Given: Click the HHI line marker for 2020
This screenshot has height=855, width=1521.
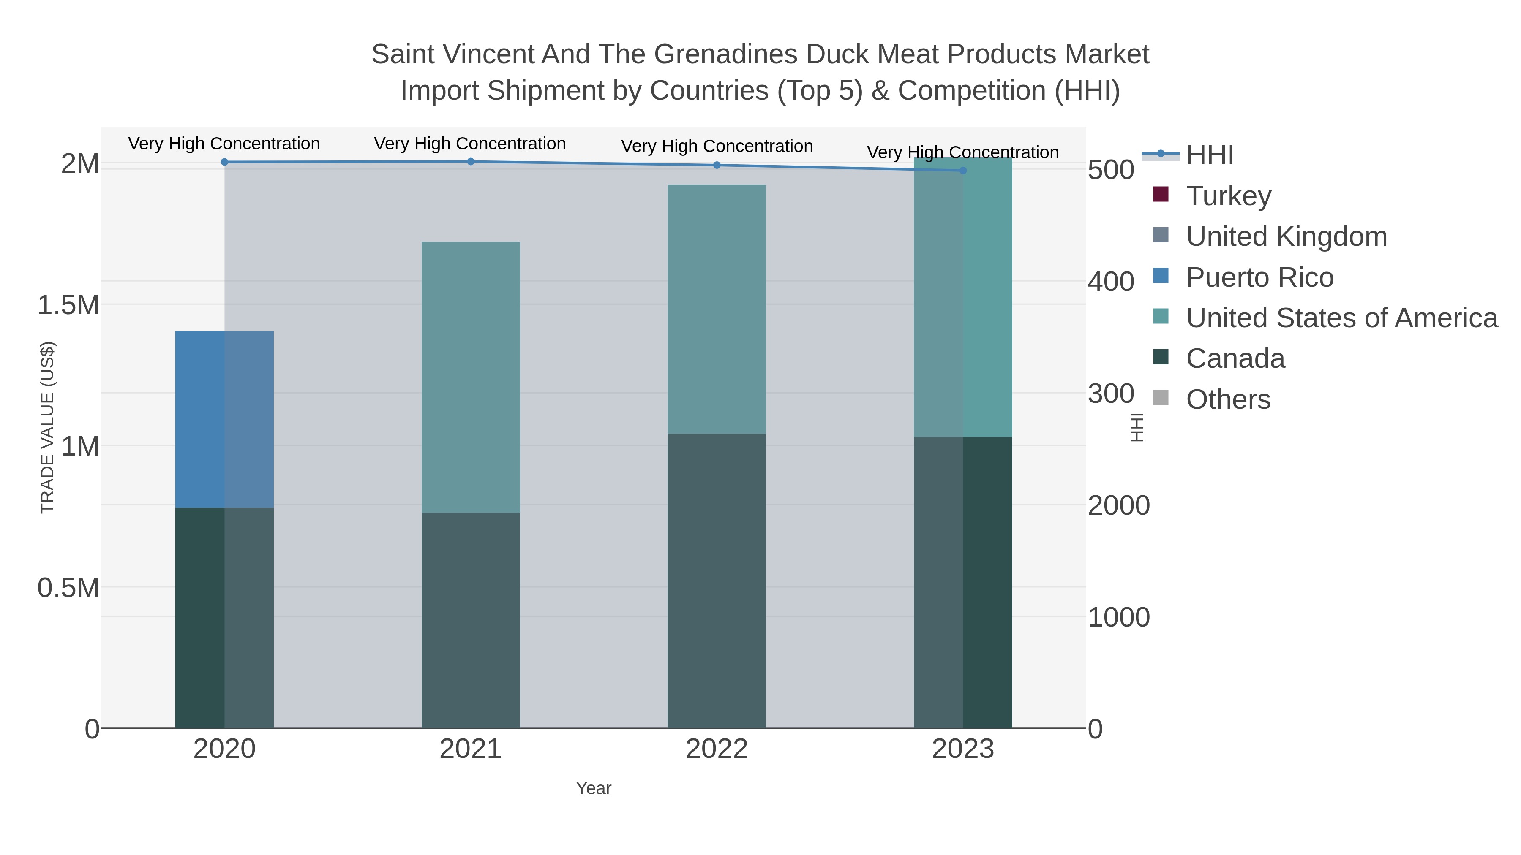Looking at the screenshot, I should coord(224,162).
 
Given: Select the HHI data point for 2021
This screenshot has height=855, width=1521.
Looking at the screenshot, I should coord(471,161).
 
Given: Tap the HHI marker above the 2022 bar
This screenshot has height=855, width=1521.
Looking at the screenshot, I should coord(717,165).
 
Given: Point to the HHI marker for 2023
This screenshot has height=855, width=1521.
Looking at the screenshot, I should coord(963,171).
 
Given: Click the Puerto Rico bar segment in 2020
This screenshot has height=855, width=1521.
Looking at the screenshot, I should coord(224,419).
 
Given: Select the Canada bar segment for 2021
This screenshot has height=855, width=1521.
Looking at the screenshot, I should coord(471,619).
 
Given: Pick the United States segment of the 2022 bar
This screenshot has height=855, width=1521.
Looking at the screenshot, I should coord(717,309).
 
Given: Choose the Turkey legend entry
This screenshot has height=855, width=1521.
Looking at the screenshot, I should coord(1229,196).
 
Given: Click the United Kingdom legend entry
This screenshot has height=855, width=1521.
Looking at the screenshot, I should coord(1286,236).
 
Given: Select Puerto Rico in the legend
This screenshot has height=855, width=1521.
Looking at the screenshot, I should coord(1259,277).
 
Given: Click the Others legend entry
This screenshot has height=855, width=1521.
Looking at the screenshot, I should coord(1228,399).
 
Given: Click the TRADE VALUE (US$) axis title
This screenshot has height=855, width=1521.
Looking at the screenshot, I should coord(47,427).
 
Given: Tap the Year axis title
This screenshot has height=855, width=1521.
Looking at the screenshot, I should coord(594,788).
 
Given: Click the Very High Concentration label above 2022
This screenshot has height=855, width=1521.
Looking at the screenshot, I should coord(717,146).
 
